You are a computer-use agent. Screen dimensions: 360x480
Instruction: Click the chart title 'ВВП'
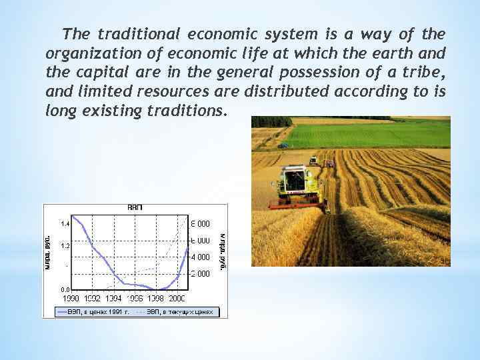(135, 208)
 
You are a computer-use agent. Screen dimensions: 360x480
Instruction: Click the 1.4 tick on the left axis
(64, 223)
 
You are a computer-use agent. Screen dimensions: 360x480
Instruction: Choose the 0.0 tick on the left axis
(64, 289)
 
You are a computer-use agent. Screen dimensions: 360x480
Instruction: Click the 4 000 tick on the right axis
(201, 257)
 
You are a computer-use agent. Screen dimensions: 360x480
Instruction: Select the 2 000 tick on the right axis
(201, 273)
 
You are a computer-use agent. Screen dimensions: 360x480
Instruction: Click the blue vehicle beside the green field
(283, 145)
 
